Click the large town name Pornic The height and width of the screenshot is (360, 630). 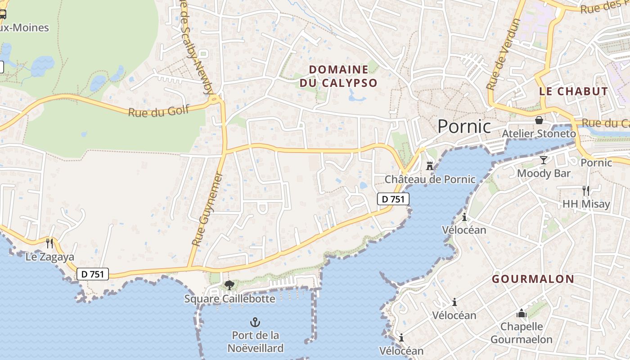tap(464, 126)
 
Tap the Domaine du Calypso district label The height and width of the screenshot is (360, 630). tap(338, 76)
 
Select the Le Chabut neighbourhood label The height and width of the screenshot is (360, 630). tap(573, 91)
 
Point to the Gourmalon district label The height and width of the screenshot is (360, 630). tap(533, 279)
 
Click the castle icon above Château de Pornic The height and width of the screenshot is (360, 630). tap(430, 166)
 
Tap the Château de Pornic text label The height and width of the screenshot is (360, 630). tap(430, 179)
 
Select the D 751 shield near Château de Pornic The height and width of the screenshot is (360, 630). tap(393, 199)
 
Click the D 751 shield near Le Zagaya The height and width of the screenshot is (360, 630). tap(93, 274)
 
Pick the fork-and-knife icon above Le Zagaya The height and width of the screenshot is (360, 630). tap(49, 243)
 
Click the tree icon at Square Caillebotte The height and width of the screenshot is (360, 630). tap(229, 285)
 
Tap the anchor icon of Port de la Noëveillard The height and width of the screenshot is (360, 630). tap(255, 322)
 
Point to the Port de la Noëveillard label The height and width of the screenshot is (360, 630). tap(255, 342)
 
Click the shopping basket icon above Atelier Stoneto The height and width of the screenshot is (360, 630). tap(539, 121)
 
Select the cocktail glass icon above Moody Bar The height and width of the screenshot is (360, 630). tap(544, 160)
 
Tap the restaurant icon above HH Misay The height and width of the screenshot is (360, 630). tap(585, 191)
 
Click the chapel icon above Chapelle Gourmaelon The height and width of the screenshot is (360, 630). tap(521, 313)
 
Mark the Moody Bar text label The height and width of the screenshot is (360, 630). tap(544, 173)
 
